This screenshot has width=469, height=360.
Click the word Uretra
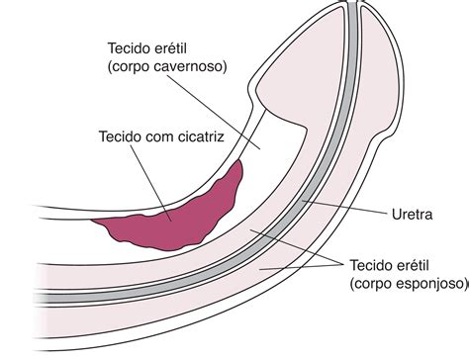(x=410, y=214)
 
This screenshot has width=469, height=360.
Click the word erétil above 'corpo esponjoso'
(x=427, y=264)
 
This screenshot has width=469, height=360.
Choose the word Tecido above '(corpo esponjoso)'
(x=374, y=264)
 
